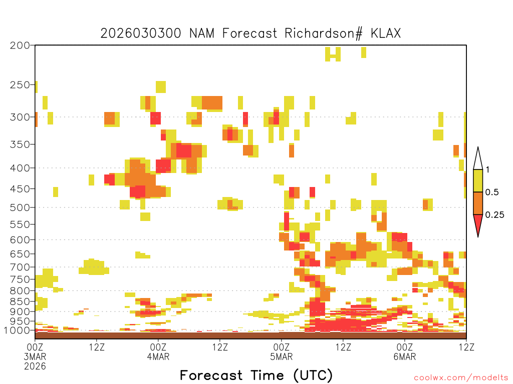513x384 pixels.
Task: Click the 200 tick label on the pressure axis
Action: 20,45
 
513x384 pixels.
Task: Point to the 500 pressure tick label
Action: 20,207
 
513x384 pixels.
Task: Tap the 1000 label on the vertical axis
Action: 17,330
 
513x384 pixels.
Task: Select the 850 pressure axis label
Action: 20,301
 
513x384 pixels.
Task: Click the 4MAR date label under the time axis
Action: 158,356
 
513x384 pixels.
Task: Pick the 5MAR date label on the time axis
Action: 282,356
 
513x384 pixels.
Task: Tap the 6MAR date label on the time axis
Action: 405,356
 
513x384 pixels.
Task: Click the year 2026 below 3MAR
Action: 35,366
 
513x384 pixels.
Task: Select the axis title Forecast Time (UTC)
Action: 256,375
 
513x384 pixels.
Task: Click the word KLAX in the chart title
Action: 385,33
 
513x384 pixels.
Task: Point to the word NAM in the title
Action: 202,33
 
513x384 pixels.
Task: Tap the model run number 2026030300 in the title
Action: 141,33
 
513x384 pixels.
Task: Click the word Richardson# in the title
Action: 324,33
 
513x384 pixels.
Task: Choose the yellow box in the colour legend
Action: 478,180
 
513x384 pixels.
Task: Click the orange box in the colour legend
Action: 478,203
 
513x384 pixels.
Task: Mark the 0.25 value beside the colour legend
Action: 494,215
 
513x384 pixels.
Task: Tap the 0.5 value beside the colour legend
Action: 492,192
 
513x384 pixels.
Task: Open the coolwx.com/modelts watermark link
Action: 460,378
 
